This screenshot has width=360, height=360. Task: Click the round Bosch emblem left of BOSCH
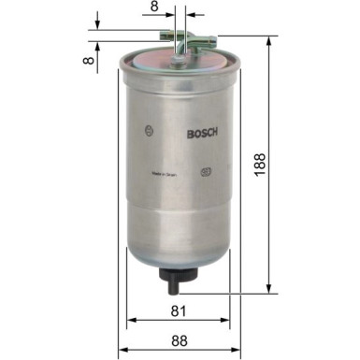pyautogui.click(x=145, y=131)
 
